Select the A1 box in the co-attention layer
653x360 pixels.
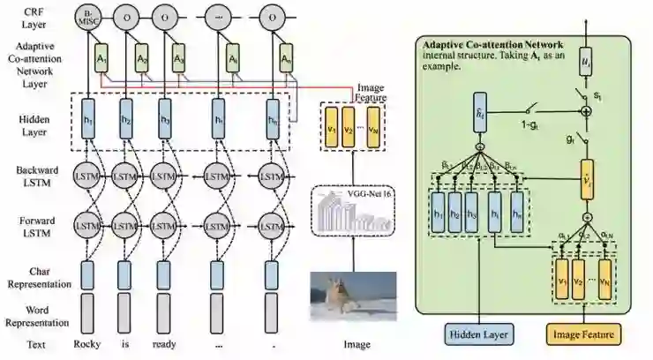102,59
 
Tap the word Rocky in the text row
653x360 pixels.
86,345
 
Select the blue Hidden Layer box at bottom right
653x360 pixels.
477,334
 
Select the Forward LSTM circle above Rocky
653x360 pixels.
86,227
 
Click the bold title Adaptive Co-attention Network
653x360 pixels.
495,44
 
